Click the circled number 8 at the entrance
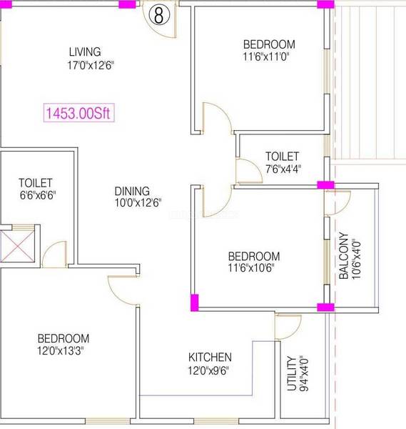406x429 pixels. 159,15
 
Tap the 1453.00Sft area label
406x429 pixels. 78,112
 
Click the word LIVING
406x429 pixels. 85,52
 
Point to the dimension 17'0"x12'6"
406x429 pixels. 91,65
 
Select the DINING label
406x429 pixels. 132,191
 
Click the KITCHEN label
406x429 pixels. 210,357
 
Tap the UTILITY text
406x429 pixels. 292,373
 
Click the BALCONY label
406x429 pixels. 343,256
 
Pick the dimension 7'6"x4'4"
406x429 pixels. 283,169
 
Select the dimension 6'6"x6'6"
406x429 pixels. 38,195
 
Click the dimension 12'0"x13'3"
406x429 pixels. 61,350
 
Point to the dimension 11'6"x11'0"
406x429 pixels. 266,57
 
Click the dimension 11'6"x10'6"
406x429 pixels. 251,267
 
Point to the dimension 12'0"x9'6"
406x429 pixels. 208,370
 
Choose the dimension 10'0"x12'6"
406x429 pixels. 138,203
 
